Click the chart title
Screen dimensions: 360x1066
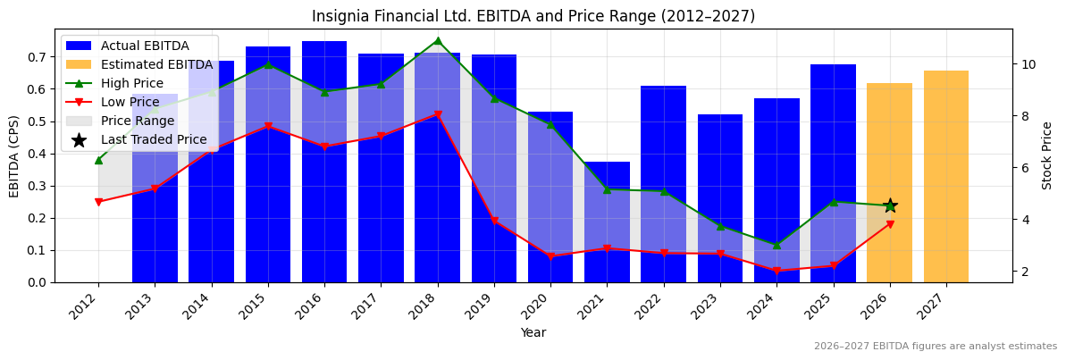pyautogui.click(x=533, y=16)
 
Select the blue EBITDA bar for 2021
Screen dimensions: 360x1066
pyautogui.click(x=607, y=223)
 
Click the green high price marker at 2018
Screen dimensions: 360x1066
pyautogui.click(x=437, y=41)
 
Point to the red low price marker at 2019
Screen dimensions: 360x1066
pyautogui.click(x=494, y=221)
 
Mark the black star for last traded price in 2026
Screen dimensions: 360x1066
pyautogui.click(x=890, y=205)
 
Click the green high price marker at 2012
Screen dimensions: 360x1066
pyautogui.click(x=98, y=160)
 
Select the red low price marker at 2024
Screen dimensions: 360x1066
pyautogui.click(x=776, y=271)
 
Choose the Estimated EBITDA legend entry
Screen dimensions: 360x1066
pyautogui.click(x=156, y=64)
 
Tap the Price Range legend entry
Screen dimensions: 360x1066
pyautogui.click(x=138, y=121)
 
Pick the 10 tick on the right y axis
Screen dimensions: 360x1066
pyautogui.click(x=1028, y=64)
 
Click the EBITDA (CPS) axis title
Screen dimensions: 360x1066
pyautogui.click(x=14, y=155)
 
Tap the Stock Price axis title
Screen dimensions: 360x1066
pyautogui.click(x=1047, y=155)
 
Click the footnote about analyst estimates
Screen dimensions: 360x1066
pyautogui.click(x=935, y=347)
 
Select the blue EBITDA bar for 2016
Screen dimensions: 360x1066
pyautogui.click(x=324, y=161)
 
